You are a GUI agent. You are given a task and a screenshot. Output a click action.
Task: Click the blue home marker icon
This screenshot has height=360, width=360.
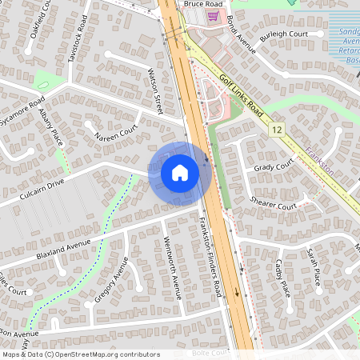pyautogui.click(x=180, y=172)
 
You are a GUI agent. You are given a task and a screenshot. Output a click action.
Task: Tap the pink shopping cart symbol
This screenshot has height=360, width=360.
pyautogui.click(x=212, y=15)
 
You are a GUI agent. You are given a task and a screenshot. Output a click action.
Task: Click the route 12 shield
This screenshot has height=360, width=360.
pyautogui.click(x=277, y=129)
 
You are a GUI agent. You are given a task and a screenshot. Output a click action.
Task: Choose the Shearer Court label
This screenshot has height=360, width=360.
pyautogui.click(x=273, y=205)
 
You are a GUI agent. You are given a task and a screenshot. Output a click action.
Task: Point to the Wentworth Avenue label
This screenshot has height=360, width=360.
pyautogui.click(x=173, y=268)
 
